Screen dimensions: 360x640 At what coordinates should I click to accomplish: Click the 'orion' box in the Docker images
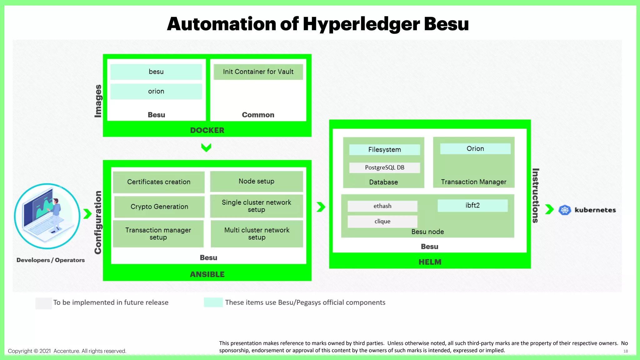pos(156,91)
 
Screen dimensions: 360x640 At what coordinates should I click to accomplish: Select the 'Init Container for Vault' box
pos(258,72)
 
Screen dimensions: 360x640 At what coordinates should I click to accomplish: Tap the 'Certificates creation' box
pos(158,182)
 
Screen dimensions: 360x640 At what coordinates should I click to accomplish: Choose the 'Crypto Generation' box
pos(159,207)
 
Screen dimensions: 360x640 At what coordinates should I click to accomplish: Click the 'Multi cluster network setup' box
pos(257,234)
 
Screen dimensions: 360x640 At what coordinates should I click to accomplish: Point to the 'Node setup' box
pos(256,181)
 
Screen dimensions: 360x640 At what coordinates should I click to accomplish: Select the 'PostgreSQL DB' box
pos(384,167)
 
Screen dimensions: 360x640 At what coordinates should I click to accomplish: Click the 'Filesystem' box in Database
pos(384,149)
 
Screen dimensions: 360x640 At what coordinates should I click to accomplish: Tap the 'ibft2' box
pos(472,205)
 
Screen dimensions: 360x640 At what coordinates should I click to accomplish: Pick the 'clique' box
pos(382,221)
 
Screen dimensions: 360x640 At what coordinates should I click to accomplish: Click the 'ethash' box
pos(382,206)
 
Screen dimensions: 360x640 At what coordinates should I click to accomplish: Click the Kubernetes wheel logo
pos(565,210)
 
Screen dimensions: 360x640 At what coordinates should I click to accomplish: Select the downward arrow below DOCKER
pos(206,147)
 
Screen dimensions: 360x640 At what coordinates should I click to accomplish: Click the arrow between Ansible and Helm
pos(321,207)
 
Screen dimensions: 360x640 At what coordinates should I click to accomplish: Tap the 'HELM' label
pos(430,262)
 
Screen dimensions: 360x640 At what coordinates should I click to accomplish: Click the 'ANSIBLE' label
pos(207,274)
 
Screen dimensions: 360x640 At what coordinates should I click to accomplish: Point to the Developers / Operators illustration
pos(47,216)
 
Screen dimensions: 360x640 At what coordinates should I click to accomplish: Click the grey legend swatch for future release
pos(43,303)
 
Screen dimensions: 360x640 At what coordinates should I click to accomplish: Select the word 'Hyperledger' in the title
pos(361,24)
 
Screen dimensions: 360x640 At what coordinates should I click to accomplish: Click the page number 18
pos(625,351)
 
